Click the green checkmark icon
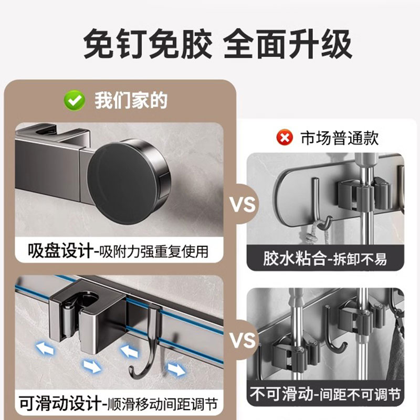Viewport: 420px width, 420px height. coord(74,100)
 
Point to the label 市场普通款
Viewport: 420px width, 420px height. coord(339,138)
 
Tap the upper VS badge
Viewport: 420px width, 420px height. coord(243,204)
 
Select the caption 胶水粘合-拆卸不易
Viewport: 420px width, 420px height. coord(325,259)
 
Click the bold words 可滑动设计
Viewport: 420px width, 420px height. coord(61,404)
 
